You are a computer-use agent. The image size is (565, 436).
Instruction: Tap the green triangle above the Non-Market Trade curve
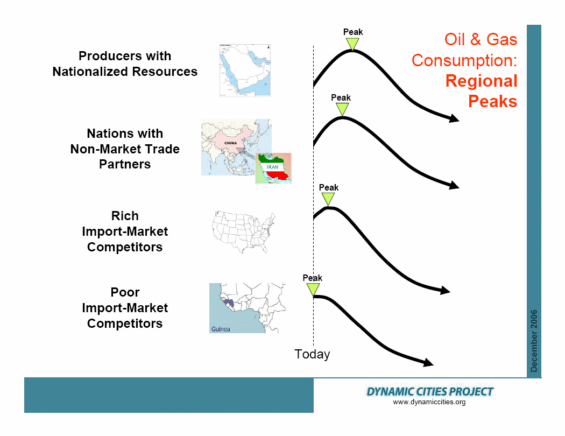coord(342,109)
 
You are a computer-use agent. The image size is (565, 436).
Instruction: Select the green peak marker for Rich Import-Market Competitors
coord(328,199)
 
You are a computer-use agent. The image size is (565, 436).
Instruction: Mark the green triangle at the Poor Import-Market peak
coord(313,289)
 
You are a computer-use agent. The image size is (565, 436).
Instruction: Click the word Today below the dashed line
coord(312,354)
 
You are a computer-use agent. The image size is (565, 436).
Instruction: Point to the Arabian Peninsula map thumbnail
coord(245,71)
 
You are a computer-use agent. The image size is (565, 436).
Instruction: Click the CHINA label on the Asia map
coord(231,143)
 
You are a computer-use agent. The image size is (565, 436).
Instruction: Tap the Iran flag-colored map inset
coord(273,168)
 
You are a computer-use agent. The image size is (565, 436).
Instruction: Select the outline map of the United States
coord(244,232)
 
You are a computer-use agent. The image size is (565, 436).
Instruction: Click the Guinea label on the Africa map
coord(221,329)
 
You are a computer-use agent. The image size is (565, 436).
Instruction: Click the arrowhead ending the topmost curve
coord(454,118)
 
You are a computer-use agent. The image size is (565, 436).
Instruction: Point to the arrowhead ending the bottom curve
coord(428,362)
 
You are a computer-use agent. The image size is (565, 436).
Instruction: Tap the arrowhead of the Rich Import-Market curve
coord(446,290)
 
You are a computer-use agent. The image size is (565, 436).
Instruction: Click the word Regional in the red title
coord(482,81)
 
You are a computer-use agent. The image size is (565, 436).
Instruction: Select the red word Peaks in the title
coord(492,101)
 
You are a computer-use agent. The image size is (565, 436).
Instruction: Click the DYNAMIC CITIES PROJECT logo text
coord(429,392)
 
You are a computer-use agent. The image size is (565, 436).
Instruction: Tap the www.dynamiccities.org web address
coord(429,402)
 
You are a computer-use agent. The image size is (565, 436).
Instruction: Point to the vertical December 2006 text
coord(534,341)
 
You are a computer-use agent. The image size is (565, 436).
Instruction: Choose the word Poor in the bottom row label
coord(125,292)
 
